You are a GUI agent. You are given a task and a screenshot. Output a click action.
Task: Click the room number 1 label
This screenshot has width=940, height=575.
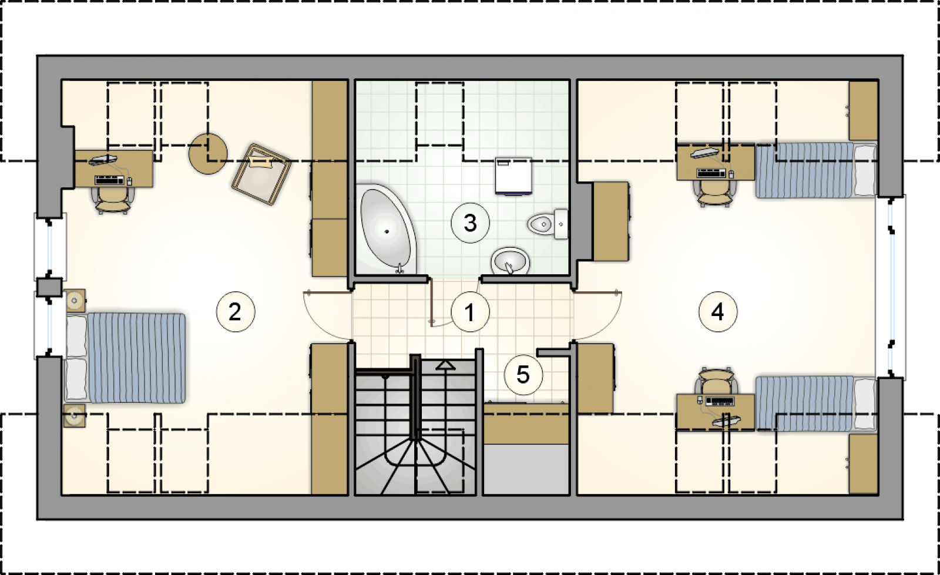[470, 312]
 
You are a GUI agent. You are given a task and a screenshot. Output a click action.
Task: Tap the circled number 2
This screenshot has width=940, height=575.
[236, 312]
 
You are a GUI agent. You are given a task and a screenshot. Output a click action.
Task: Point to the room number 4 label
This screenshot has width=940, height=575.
[717, 312]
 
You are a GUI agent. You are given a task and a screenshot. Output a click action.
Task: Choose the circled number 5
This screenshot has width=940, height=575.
[523, 375]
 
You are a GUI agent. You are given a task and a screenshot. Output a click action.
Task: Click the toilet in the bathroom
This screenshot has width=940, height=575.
[548, 224]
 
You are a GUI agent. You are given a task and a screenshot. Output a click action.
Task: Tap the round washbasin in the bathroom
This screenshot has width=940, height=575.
[510, 261]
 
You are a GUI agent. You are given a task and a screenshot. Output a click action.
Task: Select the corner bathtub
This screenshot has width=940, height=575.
[386, 229]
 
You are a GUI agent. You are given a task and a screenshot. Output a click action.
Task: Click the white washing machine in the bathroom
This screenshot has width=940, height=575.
[513, 176]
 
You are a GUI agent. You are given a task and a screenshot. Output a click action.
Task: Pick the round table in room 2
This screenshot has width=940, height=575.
[208, 153]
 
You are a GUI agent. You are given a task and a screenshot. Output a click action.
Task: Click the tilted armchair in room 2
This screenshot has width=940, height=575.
[261, 174]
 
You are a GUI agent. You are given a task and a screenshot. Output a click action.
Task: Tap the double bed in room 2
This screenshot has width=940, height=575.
[125, 358]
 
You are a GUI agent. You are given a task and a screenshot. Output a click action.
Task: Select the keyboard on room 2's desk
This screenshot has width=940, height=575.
[109, 180]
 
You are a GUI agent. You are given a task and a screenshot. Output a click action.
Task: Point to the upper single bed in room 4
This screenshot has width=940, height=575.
[816, 170]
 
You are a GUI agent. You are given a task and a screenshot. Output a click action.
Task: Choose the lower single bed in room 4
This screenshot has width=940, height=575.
[816, 403]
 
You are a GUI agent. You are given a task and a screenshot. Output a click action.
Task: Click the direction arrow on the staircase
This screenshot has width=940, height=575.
[445, 365]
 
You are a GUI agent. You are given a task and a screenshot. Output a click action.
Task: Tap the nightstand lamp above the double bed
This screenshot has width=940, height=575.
[75, 300]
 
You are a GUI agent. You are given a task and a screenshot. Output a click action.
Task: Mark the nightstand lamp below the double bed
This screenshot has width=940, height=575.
[74, 416]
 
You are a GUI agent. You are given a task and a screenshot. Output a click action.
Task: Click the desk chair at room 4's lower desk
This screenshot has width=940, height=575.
[716, 381]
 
